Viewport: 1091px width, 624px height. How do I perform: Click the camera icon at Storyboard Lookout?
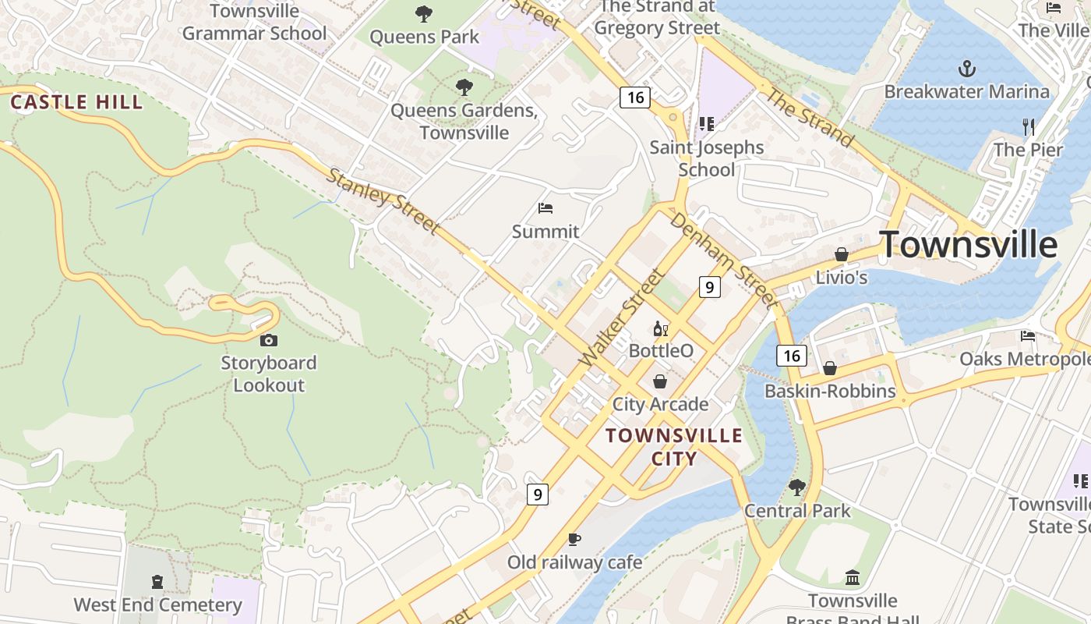(x=269, y=340)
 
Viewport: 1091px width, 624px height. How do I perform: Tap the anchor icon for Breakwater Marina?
(x=966, y=69)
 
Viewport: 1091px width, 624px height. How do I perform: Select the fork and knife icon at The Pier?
(x=1029, y=126)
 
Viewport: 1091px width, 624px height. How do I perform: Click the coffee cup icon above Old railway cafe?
(x=574, y=539)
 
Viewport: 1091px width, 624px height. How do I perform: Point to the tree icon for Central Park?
(x=796, y=487)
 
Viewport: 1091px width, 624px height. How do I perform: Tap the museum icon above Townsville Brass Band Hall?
(x=853, y=578)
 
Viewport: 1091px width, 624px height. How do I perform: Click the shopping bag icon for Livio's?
(x=842, y=254)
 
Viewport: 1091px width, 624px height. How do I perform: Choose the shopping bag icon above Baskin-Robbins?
(x=830, y=367)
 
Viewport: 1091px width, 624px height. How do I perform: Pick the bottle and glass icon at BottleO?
(x=661, y=328)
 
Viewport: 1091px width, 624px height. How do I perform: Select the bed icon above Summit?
(x=545, y=208)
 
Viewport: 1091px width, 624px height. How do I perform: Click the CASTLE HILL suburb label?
(x=76, y=101)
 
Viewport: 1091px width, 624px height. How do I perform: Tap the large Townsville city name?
(x=969, y=245)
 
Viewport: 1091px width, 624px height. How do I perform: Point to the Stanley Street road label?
(x=383, y=200)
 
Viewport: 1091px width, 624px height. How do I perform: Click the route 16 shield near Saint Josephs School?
(x=635, y=97)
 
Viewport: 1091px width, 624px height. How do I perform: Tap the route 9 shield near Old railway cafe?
(x=538, y=494)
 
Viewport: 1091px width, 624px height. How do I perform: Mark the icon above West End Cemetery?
(x=157, y=582)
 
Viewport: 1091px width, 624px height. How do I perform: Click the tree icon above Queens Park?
(x=424, y=13)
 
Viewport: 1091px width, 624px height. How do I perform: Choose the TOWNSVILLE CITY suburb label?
(x=674, y=446)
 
